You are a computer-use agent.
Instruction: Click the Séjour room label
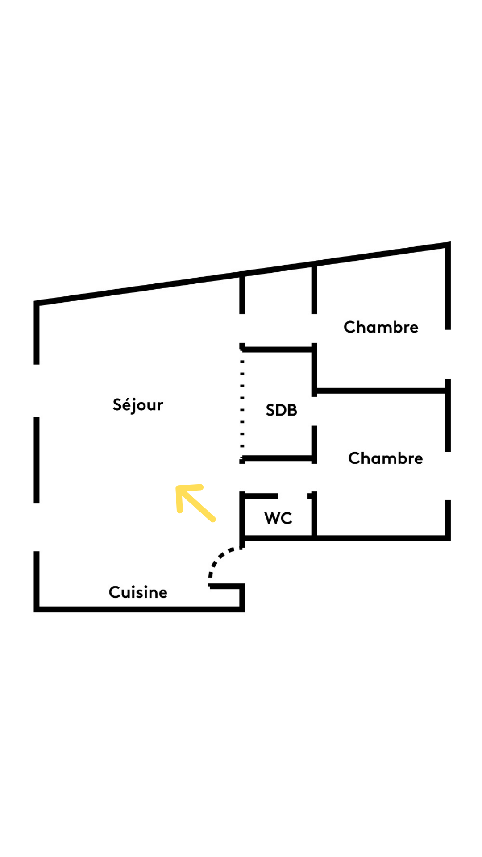[138, 405]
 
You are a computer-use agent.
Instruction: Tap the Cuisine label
[138, 592]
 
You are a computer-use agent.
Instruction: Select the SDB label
[281, 410]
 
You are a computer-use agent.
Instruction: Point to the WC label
[278, 518]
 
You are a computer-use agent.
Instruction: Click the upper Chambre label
[381, 327]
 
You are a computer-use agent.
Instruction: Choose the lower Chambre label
[385, 458]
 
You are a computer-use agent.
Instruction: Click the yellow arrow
[195, 503]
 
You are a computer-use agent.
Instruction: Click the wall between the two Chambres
[381, 391]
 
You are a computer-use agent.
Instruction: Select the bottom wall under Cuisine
[138, 609]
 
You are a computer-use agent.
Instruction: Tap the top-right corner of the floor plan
[448, 245]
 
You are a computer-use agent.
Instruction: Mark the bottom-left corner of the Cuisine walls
[37, 609]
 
